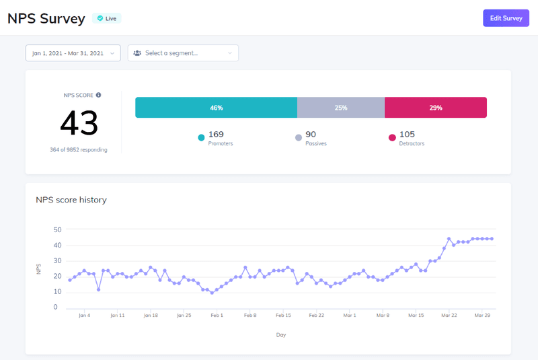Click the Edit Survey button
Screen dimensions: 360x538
[x=506, y=18]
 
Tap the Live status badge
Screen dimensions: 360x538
[x=106, y=18]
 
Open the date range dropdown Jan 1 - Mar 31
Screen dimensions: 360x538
[x=73, y=53]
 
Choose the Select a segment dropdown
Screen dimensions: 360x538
[x=183, y=53]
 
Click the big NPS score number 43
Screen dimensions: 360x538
[x=79, y=123]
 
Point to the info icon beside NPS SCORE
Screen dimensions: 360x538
[x=98, y=95]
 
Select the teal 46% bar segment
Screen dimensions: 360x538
[x=216, y=108]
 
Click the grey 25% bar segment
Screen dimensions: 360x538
[x=341, y=108]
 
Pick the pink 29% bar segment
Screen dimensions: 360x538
[x=435, y=108]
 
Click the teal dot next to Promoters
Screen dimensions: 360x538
[x=201, y=138]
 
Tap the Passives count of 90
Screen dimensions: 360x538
[x=311, y=135]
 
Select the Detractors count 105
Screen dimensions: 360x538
[x=408, y=135]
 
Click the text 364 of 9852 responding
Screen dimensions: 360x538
[x=78, y=149]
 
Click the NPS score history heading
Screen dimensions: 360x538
[x=71, y=200]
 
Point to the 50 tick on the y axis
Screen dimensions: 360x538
[x=57, y=229]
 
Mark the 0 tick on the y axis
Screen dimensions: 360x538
[x=55, y=308]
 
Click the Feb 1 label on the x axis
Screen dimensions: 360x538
[x=217, y=315]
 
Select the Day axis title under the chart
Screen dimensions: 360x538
[x=280, y=334]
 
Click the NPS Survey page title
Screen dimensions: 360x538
[x=46, y=18]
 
